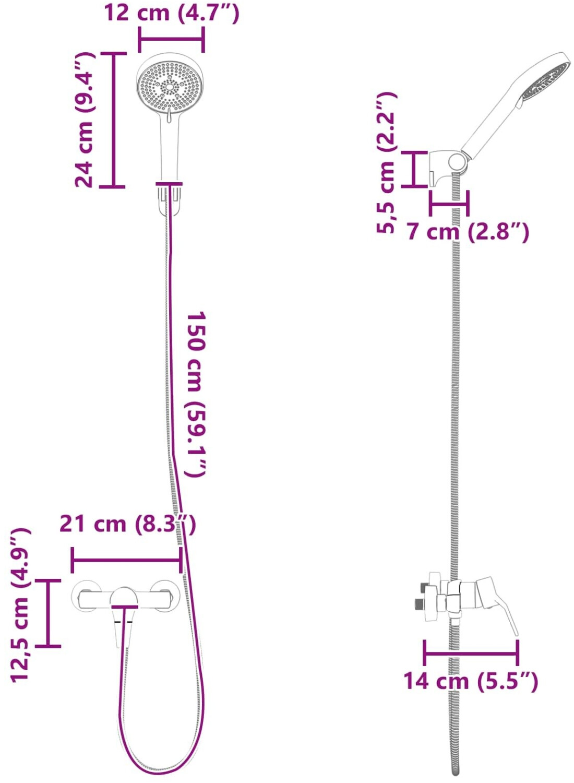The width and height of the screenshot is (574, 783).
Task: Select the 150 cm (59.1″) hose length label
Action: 196,394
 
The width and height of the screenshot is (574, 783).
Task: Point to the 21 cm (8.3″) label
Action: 128,524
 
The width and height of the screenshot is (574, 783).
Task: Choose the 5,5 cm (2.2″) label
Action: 387,163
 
